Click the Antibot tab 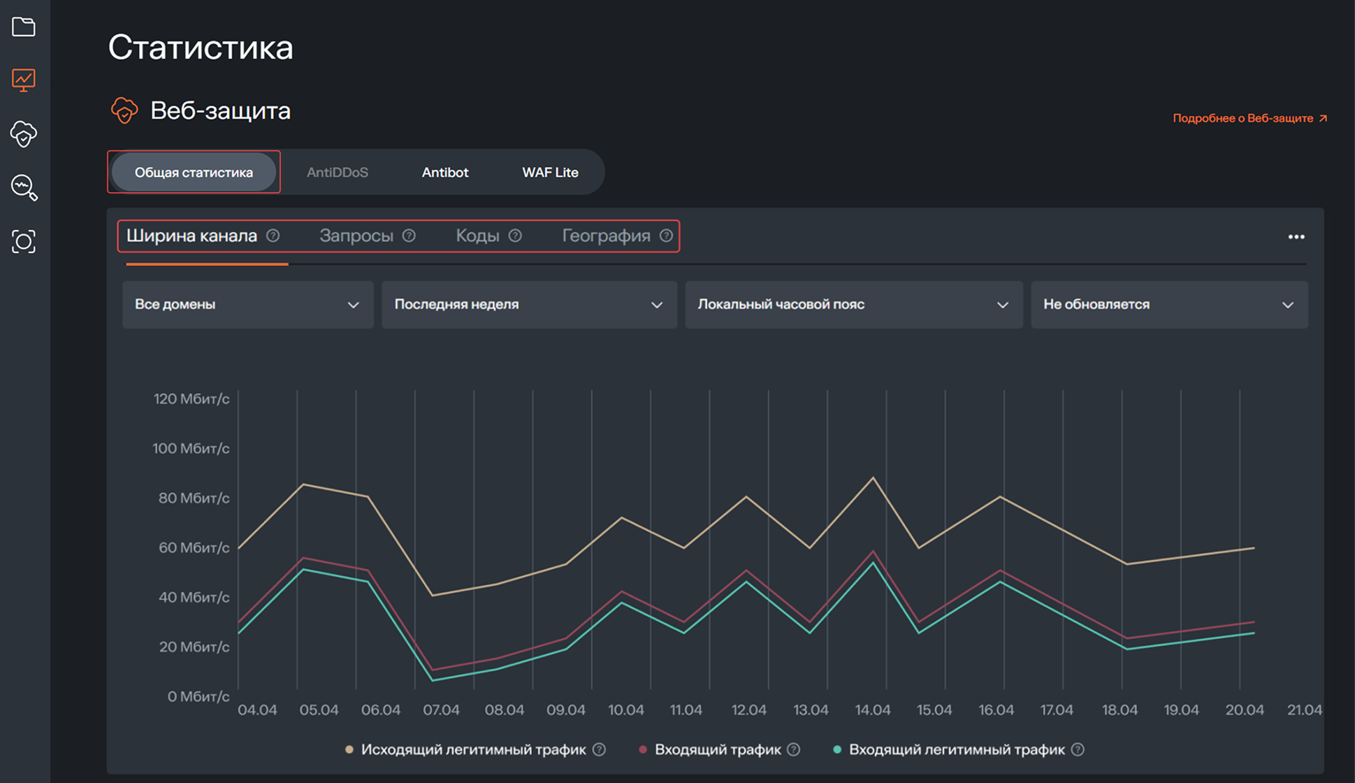click(x=445, y=173)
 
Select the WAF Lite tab click(x=550, y=173)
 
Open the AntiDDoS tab click(x=338, y=173)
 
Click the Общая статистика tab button click(x=194, y=173)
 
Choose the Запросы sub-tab click(x=356, y=236)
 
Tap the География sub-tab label click(x=606, y=236)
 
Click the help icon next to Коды click(x=515, y=236)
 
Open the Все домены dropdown click(x=247, y=305)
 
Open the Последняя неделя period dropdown click(x=529, y=305)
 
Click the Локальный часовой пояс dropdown click(x=853, y=305)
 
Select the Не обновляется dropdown click(x=1169, y=305)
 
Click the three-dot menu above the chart click(x=1296, y=237)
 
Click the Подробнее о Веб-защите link click(x=1249, y=119)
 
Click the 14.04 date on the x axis click(x=873, y=710)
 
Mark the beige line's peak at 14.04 click(x=873, y=478)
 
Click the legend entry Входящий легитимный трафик click(x=956, y=750)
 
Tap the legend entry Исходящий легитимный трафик click(x=473, y=750)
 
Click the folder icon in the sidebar click(x=24, y=27)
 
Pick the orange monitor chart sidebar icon click(x=24, y=80)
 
